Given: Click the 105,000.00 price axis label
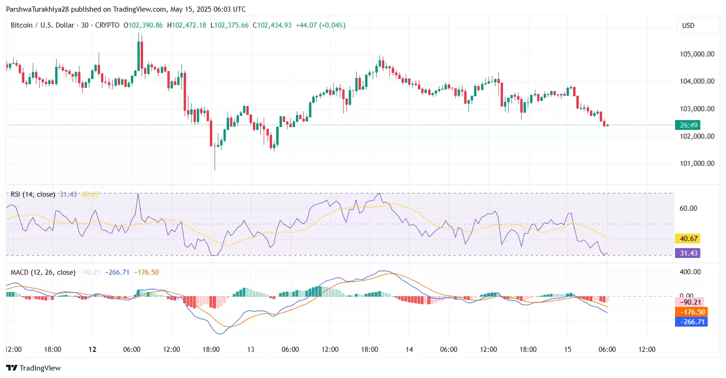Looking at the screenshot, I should (697, 54).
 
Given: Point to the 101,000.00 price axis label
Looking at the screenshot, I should (697, 164).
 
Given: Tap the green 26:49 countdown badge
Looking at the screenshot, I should (688, 125).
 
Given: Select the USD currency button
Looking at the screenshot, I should (688, 26).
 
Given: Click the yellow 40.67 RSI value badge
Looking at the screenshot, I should (688, 239).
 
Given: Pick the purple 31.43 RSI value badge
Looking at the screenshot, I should (688, 253).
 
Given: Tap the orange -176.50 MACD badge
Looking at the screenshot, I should (692, 312).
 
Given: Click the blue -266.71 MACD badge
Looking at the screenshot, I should (692, 322).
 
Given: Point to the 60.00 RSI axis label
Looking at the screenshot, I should (688, 208).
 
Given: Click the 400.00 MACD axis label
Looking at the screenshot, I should (690, 272).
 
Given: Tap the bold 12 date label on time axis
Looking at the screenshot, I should (93, 349).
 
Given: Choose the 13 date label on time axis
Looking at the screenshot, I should (251, 349).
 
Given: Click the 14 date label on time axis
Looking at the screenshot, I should (409, 349).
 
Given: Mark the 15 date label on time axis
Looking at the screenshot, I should (568, 349).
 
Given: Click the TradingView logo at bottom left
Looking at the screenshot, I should (33, 368).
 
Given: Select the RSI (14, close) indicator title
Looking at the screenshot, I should (33, 194).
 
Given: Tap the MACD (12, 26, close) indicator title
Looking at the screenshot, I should (43, 272).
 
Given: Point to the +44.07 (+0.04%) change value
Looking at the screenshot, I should (320, 25).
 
